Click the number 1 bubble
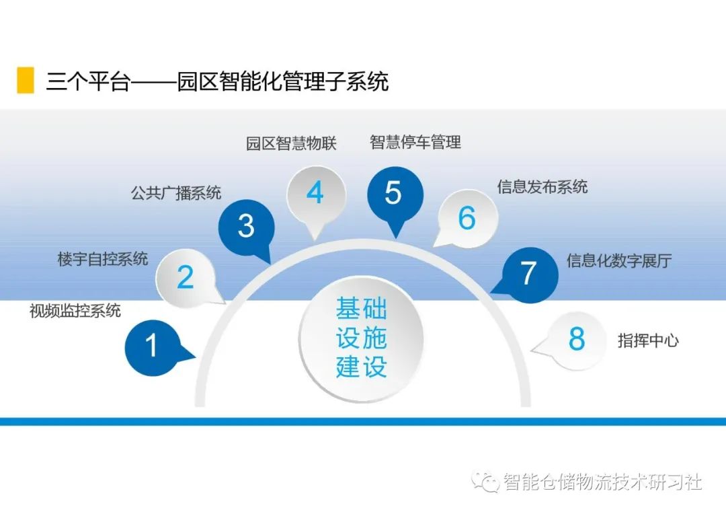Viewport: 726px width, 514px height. [152, 346]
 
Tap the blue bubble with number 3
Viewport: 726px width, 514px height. [246, 227]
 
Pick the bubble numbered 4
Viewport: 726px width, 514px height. [315, 194]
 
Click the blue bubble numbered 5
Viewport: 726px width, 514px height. [394, 194]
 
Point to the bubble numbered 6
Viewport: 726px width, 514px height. [467, 218]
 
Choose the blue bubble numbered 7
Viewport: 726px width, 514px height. [529, 273]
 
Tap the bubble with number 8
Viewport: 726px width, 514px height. [577, 340]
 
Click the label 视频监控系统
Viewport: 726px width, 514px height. [75, 311]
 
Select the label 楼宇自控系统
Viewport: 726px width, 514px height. [103, 259]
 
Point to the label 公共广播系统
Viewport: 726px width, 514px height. [175, 193]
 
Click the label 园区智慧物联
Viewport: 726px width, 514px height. [291, 144]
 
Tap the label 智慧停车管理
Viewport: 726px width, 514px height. [415, 142]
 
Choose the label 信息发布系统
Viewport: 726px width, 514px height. [542, 186]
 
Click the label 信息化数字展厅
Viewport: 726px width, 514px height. [619, 261]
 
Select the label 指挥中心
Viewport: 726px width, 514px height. [648, 340]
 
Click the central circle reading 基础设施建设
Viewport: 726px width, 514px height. [362, 338]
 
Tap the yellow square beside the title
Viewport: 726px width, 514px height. [26, 80]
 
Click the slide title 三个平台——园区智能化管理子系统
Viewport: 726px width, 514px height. [217, 81]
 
